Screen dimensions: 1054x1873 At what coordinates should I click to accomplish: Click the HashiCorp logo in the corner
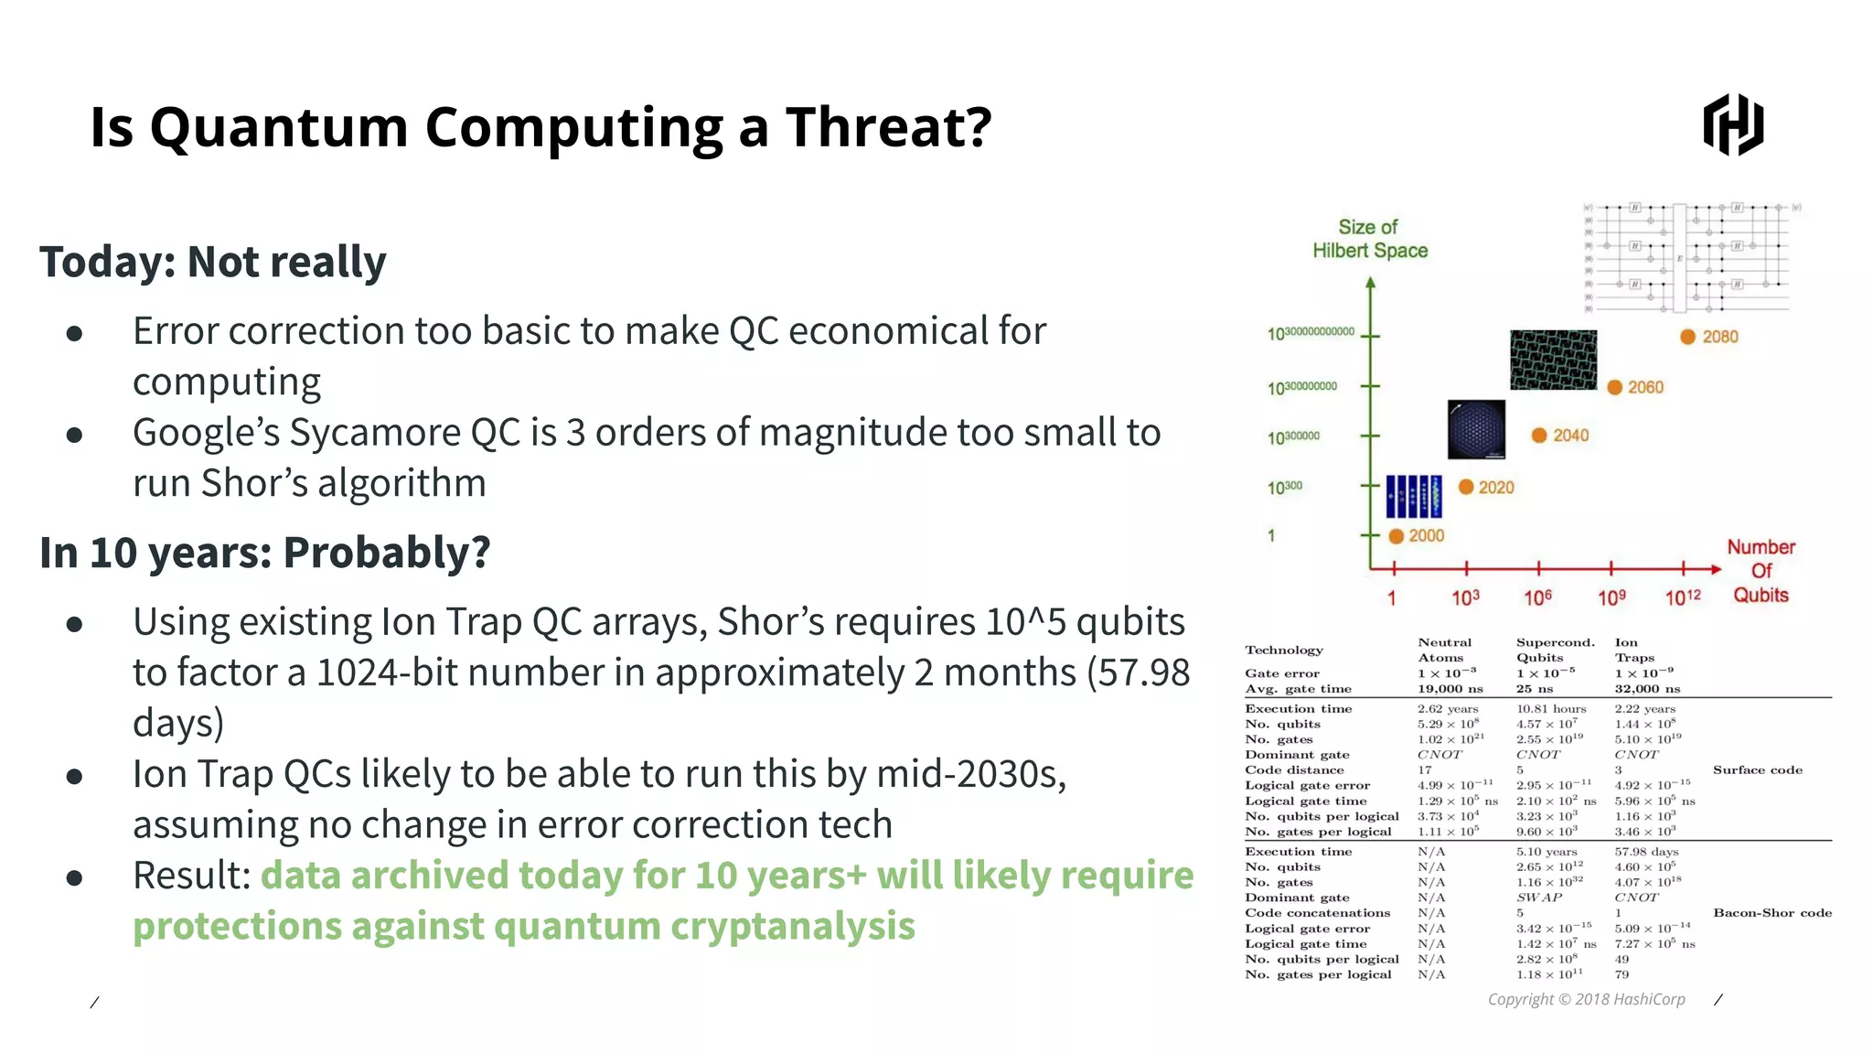tap(1732, 124)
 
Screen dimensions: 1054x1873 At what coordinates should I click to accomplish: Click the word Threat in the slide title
tap(888, 127)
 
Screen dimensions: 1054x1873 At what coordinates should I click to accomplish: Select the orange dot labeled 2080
tap(1688, 337)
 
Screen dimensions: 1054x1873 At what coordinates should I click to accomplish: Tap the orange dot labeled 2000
tap(1396, 536)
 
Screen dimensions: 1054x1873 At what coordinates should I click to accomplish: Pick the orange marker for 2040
tap(1539, 436)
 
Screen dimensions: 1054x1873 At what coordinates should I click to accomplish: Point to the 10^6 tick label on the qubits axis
tap(1537, 597)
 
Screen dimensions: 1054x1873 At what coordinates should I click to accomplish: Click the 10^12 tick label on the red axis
tap(1682, 597)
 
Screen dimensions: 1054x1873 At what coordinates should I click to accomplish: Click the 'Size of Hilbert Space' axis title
tap(1369, 239)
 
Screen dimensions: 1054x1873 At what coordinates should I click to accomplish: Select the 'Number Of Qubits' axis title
tap(1761, 571)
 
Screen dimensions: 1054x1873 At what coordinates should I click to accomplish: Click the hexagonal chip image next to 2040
tap(1476, 429)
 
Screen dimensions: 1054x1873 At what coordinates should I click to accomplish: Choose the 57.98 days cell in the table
tap(1646, 852)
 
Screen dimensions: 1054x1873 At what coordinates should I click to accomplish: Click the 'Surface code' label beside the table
tap(1757, 770)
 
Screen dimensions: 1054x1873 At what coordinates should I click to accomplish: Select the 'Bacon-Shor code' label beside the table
tap(1771, 913)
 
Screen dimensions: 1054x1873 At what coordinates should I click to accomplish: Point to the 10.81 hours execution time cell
tap(1551, 709)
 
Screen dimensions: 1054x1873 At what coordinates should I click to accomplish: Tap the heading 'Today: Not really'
tap(212, 263)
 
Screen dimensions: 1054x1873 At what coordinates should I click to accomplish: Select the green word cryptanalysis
tap(792, 926)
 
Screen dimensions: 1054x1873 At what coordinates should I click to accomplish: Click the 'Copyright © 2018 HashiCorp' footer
tap(1586, 999)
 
